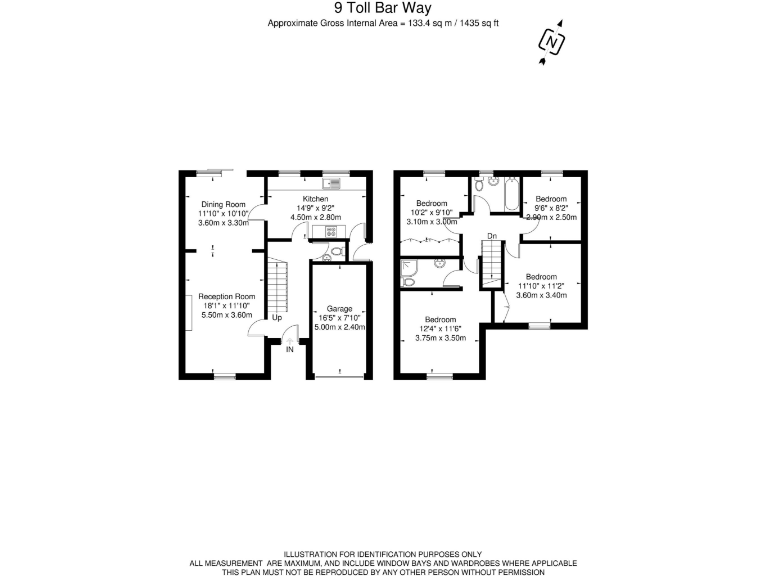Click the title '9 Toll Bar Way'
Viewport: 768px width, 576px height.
pyautogui.click(x=383, y=9)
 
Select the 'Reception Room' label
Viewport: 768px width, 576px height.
pyautogui.click(x=227, y=297)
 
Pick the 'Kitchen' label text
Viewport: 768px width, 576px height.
pyautogui.click(x=315, y=199)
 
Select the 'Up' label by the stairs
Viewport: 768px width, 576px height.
pyautogui.click(x=276, y=319)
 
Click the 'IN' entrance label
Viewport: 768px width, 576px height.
pyautogui.click(x=290, y=349)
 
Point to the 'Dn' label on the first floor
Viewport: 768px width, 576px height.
pyautogui.click(x=491, y=236)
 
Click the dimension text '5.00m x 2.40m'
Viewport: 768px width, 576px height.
pyautogui.click(x=340, y=327)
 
